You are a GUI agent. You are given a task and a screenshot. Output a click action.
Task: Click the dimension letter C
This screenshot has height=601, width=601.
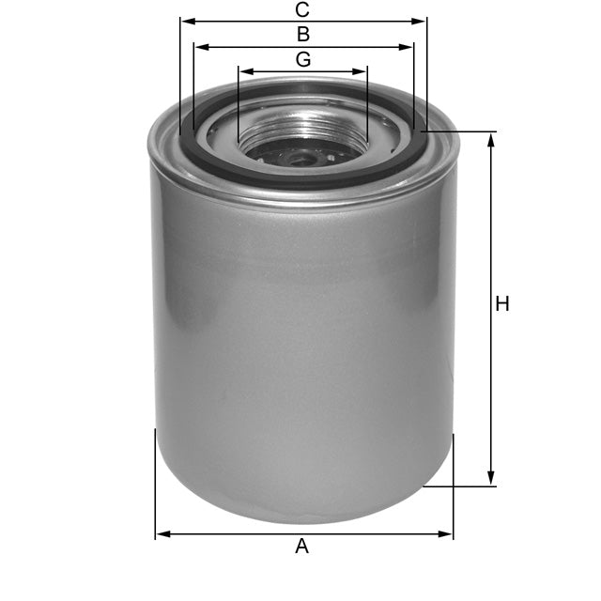click(302, 10)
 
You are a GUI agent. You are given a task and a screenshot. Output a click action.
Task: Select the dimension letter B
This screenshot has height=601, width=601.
click(302, 35)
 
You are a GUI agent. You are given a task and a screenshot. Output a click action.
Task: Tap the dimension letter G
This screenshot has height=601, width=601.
click(302, 59)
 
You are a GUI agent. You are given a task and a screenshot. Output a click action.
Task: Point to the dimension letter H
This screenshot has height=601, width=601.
click(502, 304)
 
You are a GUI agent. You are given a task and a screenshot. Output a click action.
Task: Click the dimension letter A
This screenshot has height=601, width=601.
click(301, 547)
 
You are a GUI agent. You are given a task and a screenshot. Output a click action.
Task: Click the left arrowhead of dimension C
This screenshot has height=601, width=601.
click(185, 20)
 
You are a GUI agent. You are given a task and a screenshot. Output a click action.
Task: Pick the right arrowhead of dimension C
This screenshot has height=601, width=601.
click(422, 20)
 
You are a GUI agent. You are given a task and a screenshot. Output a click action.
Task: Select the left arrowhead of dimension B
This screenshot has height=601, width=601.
click(198, 46)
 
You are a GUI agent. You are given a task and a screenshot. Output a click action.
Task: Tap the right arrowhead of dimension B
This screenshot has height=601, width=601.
click(408, 46)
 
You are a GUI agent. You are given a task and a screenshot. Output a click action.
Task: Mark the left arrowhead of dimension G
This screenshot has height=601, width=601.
click(244, 70)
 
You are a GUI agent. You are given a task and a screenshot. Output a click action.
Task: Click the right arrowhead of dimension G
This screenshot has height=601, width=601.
click(362, 70)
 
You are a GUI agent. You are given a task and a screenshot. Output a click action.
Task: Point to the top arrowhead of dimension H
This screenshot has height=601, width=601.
click(489, 137)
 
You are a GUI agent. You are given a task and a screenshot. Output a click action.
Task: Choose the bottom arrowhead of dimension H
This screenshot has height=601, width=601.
click(489, 481)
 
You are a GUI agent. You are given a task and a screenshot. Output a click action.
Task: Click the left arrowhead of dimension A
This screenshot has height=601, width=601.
click(161, 534)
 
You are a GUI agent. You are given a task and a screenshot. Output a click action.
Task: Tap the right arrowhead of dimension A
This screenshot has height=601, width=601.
click(447, 534)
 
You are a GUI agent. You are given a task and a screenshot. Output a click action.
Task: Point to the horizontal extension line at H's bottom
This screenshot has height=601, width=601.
click(460, 486)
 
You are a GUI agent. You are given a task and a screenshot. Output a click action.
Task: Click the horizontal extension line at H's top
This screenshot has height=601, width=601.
click(460, 131)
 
